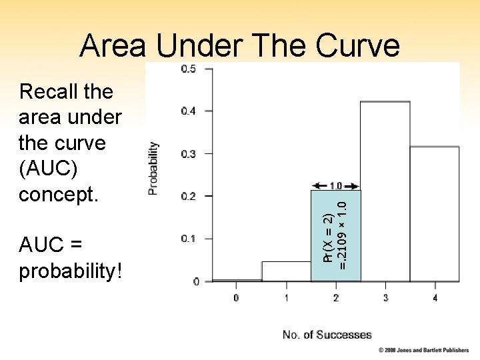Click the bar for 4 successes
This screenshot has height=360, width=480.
coord(435,213)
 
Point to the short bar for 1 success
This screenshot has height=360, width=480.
coord(286,271)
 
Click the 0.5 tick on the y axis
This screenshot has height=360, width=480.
coord(189,69)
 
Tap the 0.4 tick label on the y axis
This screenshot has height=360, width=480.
coord(189,111)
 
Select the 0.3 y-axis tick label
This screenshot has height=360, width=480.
coord(189,153)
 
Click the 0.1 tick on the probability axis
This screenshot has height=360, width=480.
coord(189,239)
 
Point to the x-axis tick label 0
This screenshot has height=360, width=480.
coord(236,298)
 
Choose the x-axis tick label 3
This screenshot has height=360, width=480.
coord(385,298)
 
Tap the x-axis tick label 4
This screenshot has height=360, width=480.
coord(435,298)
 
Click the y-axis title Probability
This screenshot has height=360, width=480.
coord(154,168)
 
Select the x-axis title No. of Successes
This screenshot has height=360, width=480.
coord(327,335)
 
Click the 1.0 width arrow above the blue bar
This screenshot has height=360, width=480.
coord(336,186)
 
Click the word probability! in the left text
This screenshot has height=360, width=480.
coord(71,271)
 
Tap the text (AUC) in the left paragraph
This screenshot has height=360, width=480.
coord(49,169)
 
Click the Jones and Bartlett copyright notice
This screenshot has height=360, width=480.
coord(424,350)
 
